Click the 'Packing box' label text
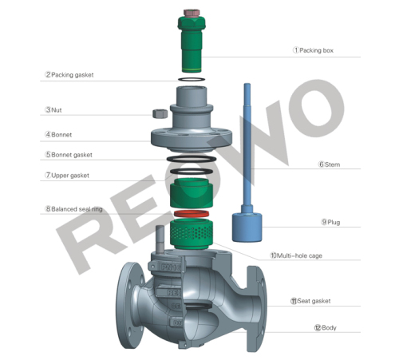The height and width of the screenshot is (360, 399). [316, 49]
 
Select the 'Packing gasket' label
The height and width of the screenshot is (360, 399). [73, 75]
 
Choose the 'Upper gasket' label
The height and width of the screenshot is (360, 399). [71, 175]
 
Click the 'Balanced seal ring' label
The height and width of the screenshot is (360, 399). [77, 209]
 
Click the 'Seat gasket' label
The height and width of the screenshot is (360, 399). [313, 301]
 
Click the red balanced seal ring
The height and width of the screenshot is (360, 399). [192, 216]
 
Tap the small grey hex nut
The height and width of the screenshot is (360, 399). [158, 113]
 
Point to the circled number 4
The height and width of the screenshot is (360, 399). [48, 134]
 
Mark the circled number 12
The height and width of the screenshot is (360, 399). [318, 327]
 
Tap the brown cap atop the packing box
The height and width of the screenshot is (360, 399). [191, 14]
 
